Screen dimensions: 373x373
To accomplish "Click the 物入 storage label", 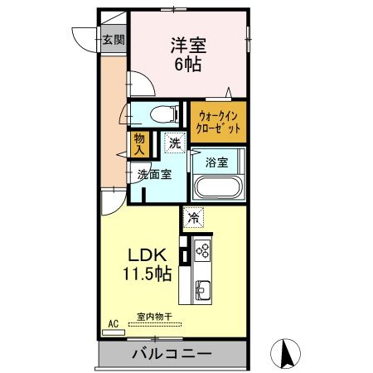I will [139, 145].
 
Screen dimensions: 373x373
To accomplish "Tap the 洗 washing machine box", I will [174, 142].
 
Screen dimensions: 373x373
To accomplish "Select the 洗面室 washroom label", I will [154, 174].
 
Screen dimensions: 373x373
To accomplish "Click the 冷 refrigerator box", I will [192, 218].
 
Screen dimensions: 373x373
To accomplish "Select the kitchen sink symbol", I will [203, 290].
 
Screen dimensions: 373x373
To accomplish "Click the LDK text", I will [149, 255].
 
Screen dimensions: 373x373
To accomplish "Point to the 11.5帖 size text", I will [149, 274].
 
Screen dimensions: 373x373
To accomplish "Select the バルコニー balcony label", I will [171, 354].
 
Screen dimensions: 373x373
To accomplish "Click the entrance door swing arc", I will [85, 39].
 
